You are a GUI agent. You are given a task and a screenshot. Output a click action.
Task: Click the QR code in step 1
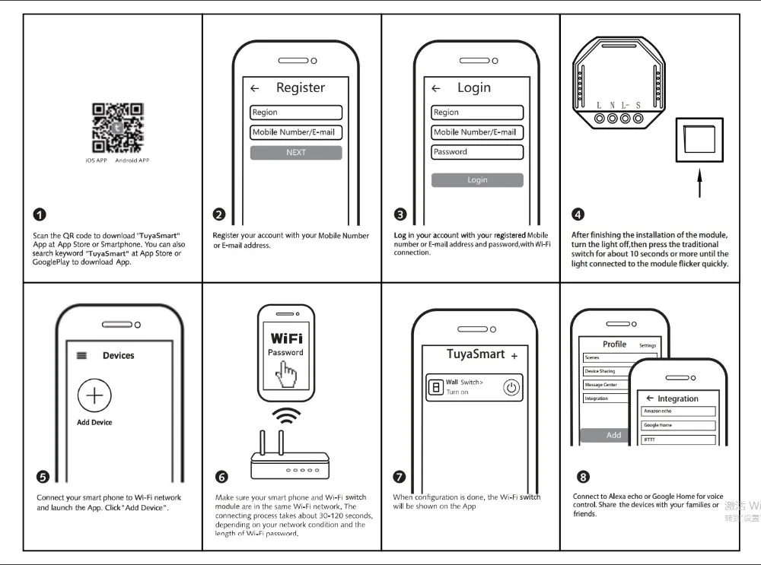point(117,128)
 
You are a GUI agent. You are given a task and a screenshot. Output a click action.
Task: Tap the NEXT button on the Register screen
point(296,153)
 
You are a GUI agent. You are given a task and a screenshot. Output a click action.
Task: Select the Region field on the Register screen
point(296,113)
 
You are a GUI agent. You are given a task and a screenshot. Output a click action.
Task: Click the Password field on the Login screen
point(477,152)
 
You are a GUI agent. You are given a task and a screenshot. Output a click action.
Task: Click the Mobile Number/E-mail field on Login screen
point(477,132)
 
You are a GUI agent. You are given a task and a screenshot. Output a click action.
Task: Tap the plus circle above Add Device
point(94,395)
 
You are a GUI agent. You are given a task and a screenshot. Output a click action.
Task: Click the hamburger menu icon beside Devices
point(82,355)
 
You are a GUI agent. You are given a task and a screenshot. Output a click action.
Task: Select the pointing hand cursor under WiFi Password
point(287,374)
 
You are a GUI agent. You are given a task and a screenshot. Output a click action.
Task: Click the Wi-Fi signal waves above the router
point(287,416)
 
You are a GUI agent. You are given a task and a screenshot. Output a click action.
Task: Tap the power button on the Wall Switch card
point(512,388)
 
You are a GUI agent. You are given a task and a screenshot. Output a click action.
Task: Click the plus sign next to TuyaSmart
point(514,356)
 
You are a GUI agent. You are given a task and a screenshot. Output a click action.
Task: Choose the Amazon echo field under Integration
point(678,411)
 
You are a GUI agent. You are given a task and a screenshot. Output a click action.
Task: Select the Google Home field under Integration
point(678,425)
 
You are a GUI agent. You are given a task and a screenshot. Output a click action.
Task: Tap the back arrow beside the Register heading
point(255,89)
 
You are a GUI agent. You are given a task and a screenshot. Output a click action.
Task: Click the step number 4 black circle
point(578,215)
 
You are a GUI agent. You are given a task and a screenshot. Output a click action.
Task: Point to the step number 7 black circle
point(399,477)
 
